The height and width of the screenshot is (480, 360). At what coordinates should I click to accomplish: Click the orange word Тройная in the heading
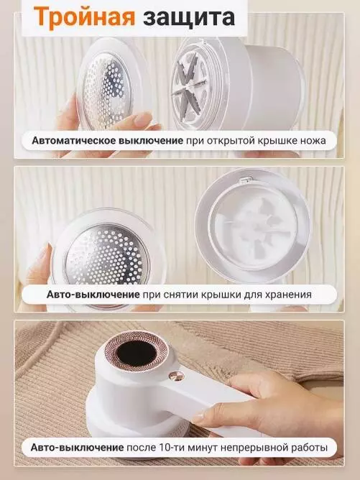(84, 17)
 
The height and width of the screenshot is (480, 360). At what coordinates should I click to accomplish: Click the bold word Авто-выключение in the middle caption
(93, 295)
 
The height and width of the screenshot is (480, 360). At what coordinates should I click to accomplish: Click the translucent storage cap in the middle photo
(252, 225)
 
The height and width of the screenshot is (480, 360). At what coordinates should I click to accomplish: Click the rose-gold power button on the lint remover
(177, 375)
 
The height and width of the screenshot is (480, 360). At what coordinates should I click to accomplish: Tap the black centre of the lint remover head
(137, 353)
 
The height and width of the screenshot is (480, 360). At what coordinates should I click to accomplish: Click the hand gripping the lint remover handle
(269, 403)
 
